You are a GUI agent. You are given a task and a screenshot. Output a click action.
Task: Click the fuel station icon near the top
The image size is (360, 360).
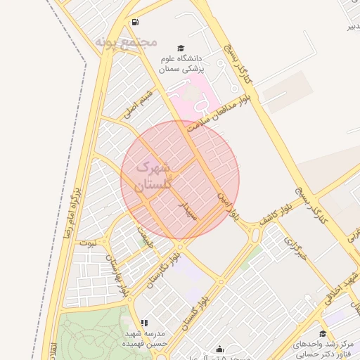134,22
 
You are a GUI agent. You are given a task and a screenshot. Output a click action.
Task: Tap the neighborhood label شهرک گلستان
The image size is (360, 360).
151,178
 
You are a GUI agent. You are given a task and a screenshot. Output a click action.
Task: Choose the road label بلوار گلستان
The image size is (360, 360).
195,307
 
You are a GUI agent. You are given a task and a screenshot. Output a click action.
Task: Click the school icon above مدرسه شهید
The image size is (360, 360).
144,323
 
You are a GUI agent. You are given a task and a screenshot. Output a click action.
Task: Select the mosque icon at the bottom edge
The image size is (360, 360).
220,349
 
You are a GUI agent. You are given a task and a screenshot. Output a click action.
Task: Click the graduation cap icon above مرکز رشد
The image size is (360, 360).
323,333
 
